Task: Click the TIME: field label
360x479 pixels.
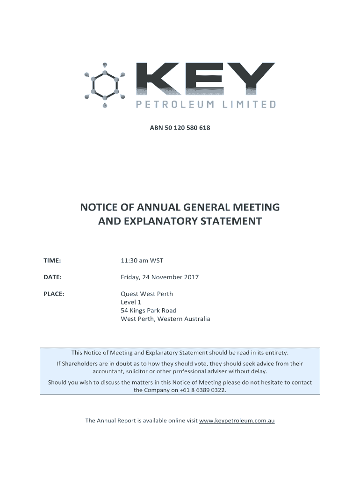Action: pos(52,261)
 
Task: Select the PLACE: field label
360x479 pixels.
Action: pos(54,294)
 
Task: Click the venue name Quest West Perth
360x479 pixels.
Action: pos(147,294)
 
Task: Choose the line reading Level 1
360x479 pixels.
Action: pos(131,303)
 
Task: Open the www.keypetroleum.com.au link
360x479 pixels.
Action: pos(237,421)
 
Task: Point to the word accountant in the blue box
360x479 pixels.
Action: pos(109,371)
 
